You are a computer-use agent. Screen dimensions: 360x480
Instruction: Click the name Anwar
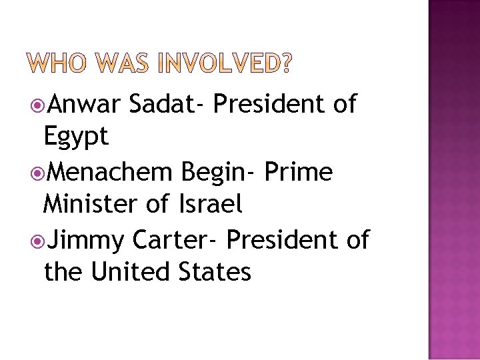(x=83, y=104)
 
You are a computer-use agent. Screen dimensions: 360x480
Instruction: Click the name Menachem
(x=111, y=172)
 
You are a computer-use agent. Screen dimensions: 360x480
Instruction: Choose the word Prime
(x=298, y=172)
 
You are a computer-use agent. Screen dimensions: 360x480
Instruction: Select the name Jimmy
(x=86, y=240)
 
